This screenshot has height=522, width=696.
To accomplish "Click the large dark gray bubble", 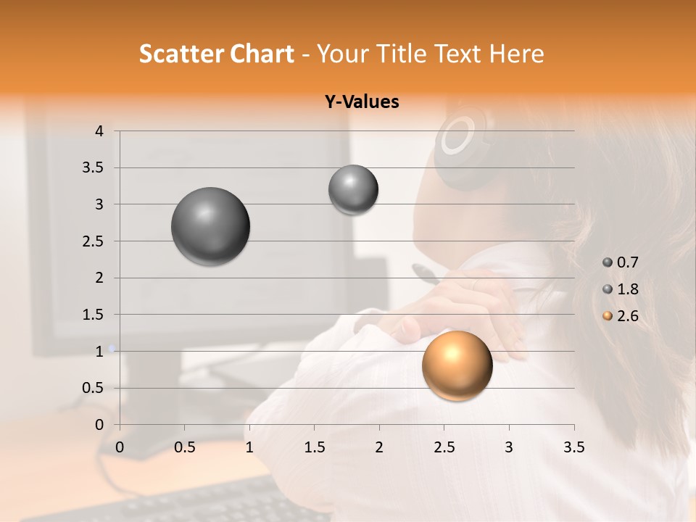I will click(x=211, y=226).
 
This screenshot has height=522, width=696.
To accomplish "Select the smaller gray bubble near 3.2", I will click(x=353, y=190).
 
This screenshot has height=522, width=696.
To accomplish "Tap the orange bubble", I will click(x=457, y=365).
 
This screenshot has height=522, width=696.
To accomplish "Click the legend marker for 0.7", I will click(x=608, y=262).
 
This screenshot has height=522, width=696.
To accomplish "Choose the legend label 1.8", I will click(x=627, y=289).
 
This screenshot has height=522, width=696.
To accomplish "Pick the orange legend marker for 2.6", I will click(x=608, y=316).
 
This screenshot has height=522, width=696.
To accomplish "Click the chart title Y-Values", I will click(x=362, y=102).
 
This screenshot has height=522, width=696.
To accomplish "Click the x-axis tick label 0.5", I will click(x=184, y=447).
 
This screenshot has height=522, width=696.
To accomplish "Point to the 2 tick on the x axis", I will click(x=379, y=447).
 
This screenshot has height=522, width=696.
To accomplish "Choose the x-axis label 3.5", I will click(x=573, y=447).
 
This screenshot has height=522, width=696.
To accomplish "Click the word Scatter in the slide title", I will click(x=181, y=54).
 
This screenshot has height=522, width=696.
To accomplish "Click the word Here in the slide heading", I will click(x=515, y=54).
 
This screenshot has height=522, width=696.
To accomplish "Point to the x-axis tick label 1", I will click(x=249, y=447).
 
